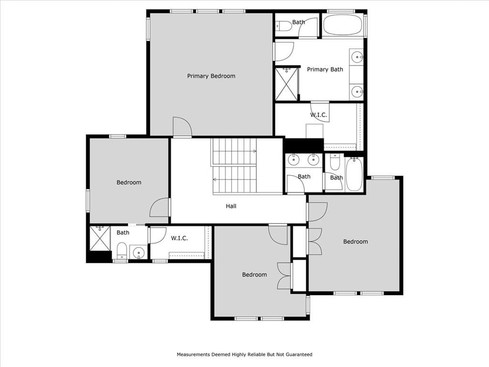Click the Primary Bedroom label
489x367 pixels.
(211, 76)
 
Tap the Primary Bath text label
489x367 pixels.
(325, 69)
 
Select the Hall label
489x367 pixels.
(231, 206)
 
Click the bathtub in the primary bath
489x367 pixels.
(342, 25)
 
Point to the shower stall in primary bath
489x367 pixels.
(287, 84)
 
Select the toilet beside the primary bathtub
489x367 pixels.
(284, 26)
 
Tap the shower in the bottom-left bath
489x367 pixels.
(100, 238)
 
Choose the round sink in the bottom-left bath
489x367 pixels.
(139, 252)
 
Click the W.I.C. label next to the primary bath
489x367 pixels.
(319, 115)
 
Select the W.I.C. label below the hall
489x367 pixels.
(180, 238)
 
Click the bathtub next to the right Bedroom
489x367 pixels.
(354, 174)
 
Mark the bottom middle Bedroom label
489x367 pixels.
(255, 275)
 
